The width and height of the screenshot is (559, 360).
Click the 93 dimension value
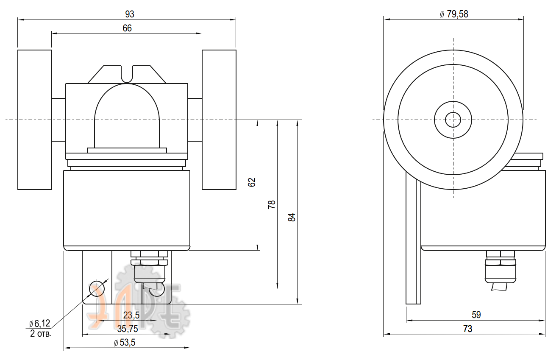[130, 14]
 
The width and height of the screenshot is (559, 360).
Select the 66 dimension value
[127, 28]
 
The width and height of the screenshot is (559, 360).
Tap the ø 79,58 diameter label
[454, 14]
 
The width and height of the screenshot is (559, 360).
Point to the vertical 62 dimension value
[252, 182]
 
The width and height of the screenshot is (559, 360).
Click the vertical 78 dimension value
[272, 204]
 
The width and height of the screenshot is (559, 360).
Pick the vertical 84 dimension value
[292, 217]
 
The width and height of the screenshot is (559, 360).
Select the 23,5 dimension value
[131, 315]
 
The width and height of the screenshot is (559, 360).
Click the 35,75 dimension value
[128, 329]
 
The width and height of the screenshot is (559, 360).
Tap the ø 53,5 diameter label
[125, 343]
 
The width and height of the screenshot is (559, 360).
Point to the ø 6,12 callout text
[40, 324]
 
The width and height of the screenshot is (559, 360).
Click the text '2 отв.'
[41, 334]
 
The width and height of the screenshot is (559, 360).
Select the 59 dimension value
[476, 315]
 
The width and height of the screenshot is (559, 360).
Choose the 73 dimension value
[467, 329]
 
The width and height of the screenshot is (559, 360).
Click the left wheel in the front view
[35, 120]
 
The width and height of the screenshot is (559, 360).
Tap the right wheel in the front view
[219, 120]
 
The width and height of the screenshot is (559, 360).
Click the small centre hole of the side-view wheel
[453, 120]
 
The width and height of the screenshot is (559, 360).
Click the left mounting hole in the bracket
[97, 289]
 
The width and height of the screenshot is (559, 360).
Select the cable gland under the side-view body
[501, 270]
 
